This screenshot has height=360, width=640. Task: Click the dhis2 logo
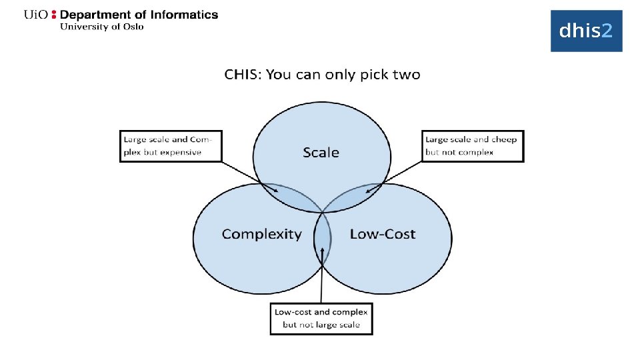coord(586,31)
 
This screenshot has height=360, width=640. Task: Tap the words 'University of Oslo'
coord(101,27)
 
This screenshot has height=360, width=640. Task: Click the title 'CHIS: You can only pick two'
coord(322,74)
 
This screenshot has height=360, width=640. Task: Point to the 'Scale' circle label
coord(321,153)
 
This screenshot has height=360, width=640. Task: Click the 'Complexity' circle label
coord(261,234)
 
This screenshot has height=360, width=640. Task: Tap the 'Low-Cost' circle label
coord(382,234)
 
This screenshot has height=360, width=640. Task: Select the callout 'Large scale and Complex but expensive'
coord(171,146)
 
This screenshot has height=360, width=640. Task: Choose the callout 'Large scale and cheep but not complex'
coord(474,146)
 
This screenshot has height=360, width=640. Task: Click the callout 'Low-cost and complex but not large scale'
coord(321,318)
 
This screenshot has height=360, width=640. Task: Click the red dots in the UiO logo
coord(54,15)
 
